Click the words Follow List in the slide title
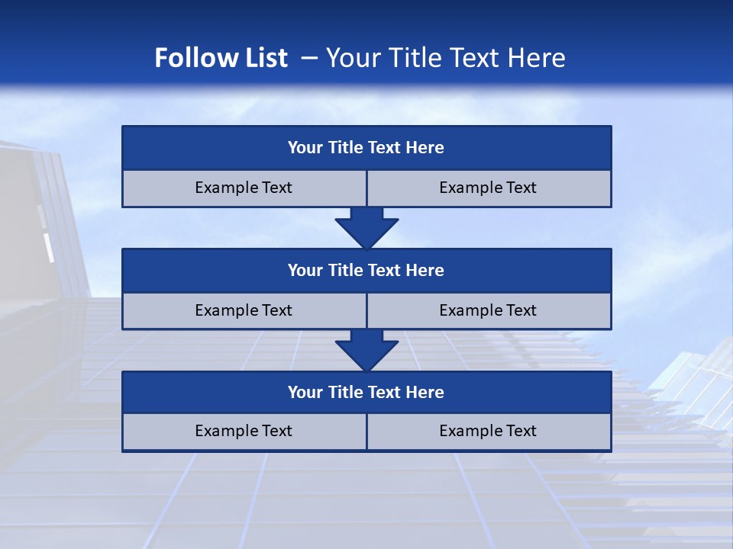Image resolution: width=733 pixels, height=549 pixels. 221,58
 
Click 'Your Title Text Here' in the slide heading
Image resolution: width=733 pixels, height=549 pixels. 446,58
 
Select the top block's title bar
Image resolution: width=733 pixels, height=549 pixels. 366,148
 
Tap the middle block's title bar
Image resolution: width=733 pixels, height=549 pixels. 366,270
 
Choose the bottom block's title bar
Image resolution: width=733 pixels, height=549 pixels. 366,392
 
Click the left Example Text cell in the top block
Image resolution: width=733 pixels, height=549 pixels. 244,188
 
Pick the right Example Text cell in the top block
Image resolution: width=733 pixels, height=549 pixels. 489,188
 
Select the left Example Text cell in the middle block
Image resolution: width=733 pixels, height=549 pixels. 244,310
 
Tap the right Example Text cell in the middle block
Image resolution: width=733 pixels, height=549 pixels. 489,310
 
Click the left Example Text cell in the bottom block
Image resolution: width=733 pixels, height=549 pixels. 244,431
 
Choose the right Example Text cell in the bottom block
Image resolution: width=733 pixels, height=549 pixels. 489,431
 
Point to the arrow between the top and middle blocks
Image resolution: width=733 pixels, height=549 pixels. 366,227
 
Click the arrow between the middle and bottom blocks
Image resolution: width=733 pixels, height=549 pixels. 366,350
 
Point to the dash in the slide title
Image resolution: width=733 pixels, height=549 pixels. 309,58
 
